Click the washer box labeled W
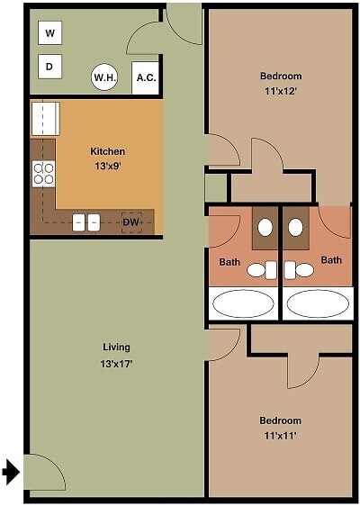(x=49, y=34)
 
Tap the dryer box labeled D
(x=49, y=66)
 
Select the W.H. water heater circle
(x=105, y=78)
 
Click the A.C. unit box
(x=146, y=78)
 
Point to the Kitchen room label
(x=107, y=151)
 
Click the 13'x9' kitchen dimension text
(x=107, y=166)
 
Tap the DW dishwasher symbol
(x=131, y=221)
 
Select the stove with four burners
(x=43, y=173)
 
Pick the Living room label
(x=116, y=347)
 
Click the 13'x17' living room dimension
(x=116, y=364)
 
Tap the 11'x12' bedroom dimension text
(x=281, y=91)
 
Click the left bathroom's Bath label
(x=229, y=262)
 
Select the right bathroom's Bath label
(x=332, y=260)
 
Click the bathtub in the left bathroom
(x=244, y=303)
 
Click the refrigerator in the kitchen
(x=45, y=119)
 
